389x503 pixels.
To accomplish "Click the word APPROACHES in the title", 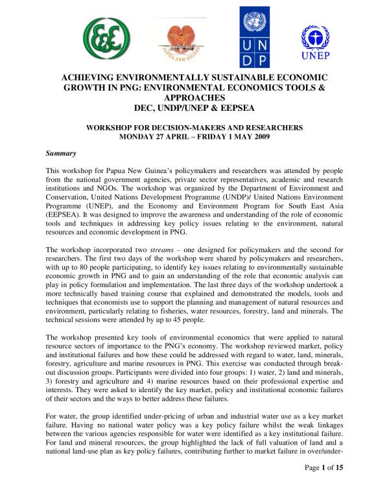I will pyautogui.click(x=194, y=97).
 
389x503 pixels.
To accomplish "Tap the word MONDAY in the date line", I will pyautogui.click(x=139, y=137).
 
